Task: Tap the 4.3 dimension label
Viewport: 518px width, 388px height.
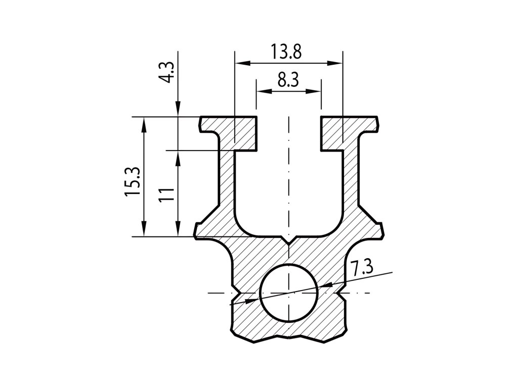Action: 168,72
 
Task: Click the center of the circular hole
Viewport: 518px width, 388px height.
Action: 288,292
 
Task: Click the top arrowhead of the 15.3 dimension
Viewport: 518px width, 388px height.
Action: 144,124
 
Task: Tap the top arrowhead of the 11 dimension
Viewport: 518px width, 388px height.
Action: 178,158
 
